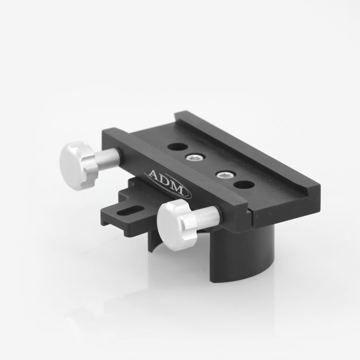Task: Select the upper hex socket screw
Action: tap(195, 158)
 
